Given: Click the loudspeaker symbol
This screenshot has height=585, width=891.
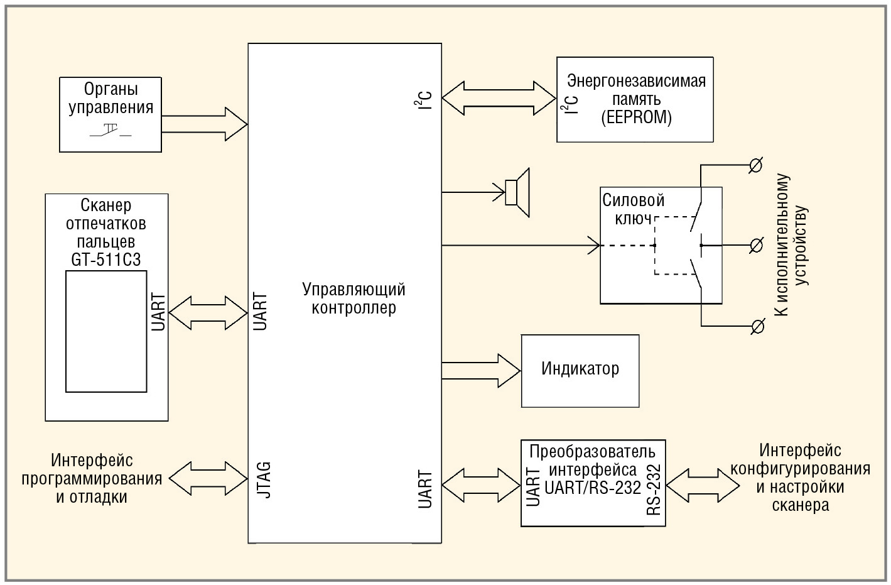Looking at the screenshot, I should (x=518, y=192).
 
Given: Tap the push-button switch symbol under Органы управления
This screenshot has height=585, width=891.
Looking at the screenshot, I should (x=111, y=132).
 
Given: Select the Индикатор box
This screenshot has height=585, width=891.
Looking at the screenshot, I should (x=580, y=370).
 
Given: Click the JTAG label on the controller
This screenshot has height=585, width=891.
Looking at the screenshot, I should (x=264, y=481).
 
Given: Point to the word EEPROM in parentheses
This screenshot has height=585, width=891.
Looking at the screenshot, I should (x=636, y=118).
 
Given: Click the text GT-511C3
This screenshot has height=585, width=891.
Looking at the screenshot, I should (x=106, y=260).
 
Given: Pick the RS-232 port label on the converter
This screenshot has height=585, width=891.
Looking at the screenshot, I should (x=654, y=490).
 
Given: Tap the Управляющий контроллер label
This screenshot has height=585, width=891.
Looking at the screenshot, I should (x=354, y=298).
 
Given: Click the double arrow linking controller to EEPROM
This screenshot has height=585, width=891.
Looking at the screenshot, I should (x=499, y=98).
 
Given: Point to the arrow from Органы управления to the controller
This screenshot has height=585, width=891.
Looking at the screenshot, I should (x=204, y=124).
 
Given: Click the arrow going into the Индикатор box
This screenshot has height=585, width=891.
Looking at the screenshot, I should (x=482, y=371).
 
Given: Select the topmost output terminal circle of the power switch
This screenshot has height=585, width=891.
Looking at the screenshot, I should (x=757, y=165).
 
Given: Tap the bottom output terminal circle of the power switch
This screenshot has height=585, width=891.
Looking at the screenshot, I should (x=758, y=326).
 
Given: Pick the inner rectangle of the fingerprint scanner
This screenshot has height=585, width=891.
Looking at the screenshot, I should (x=106, y=331).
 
